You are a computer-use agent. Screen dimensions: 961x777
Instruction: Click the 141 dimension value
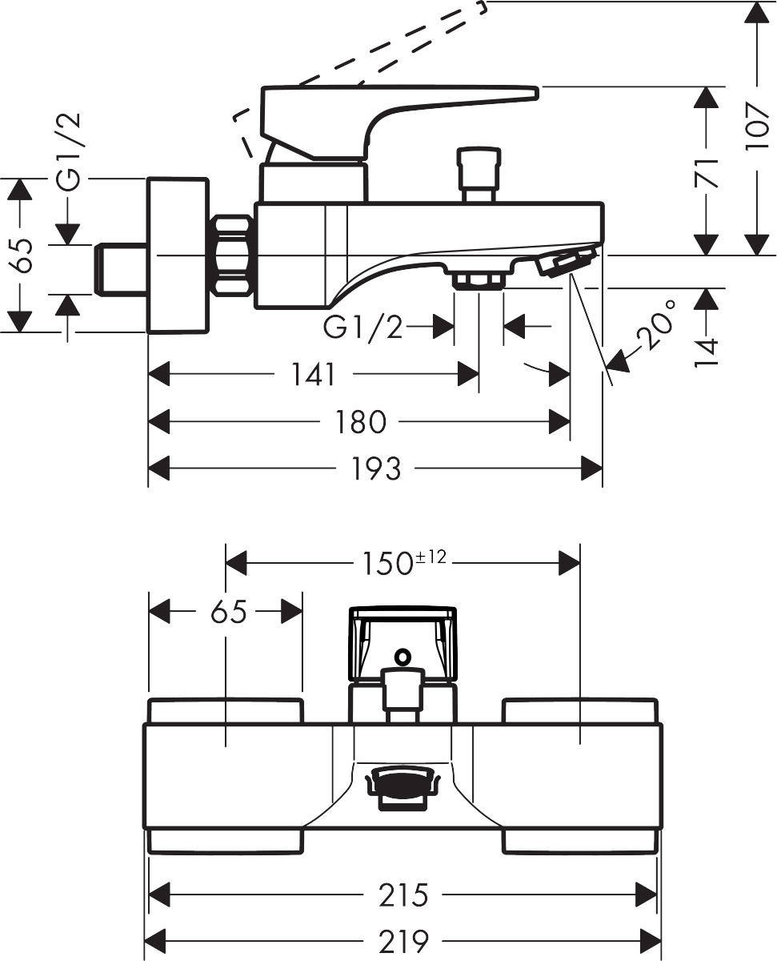312,374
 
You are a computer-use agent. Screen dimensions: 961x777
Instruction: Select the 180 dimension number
362,422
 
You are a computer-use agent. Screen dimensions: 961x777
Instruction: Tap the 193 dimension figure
375,469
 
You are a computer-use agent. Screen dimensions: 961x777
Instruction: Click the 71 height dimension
707,171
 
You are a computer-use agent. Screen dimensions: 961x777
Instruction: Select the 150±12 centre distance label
401,562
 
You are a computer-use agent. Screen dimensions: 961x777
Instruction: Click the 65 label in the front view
228,613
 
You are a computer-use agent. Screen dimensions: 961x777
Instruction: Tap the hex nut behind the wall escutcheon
232,255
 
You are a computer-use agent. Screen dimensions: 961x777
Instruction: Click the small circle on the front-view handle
403,657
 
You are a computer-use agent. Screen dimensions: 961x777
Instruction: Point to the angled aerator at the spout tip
567,263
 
